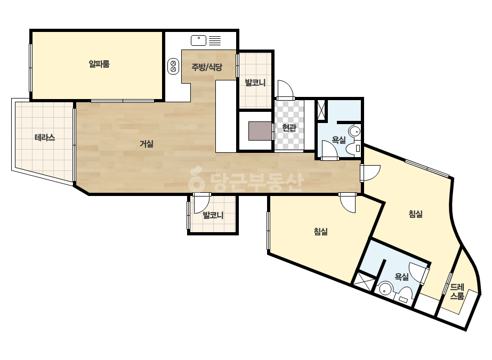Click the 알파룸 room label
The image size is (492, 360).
[x=99, y=64]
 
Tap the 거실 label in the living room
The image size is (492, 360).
[x=146, y=144]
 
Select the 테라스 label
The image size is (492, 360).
[x=45, y=137]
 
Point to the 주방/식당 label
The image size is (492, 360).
[x=207, y=67]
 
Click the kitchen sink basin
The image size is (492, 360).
[x=199, y=40]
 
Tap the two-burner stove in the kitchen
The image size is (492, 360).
[x=173, y=67]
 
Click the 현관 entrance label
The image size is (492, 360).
[x=289, y=128]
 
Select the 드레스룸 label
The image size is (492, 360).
[x=457, y=291]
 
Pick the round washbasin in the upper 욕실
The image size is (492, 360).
[x=354, y=132]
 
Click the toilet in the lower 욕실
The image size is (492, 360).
[x=405, y=296]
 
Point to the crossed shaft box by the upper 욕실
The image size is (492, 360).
[x=321, y=110]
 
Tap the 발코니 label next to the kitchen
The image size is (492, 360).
[x=255, y=83]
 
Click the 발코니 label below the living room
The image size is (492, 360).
[x=213, y=215]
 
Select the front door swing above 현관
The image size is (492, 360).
[x=285, y=89]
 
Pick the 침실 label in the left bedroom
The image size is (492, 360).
[x=321, y=232]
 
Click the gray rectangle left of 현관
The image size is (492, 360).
[x=260, y=131]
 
